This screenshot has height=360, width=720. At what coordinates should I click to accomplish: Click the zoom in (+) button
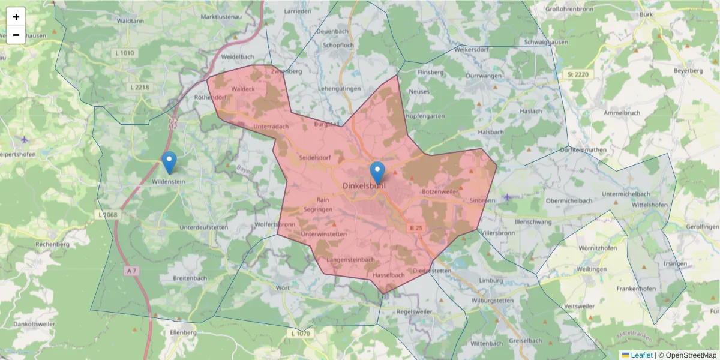(x=16, y=17)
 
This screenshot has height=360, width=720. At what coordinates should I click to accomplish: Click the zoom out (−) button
(x=16, y=35)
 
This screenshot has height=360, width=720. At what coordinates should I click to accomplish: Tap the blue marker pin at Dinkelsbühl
(x=377, y=172)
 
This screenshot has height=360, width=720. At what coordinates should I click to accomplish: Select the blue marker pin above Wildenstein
(x=170, y=162)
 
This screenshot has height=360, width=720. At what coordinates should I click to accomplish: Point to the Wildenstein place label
(x=169, y=181)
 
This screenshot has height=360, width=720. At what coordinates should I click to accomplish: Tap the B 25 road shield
(x=416, y=228)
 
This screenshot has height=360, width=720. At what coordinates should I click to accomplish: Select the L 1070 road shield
(x=301, y=333)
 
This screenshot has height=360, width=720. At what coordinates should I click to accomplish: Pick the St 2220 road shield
(x=578, y=74)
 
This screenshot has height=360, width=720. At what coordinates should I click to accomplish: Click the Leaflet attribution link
(x=641, y=355)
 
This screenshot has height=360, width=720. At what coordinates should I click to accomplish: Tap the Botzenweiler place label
(x=440, y=191)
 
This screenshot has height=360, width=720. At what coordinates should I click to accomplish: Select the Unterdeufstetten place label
(x=204, y=227)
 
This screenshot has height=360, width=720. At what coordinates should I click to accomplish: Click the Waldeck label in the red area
(x=243, y=89)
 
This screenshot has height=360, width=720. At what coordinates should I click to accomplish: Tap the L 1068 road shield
(x=107, y=214)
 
